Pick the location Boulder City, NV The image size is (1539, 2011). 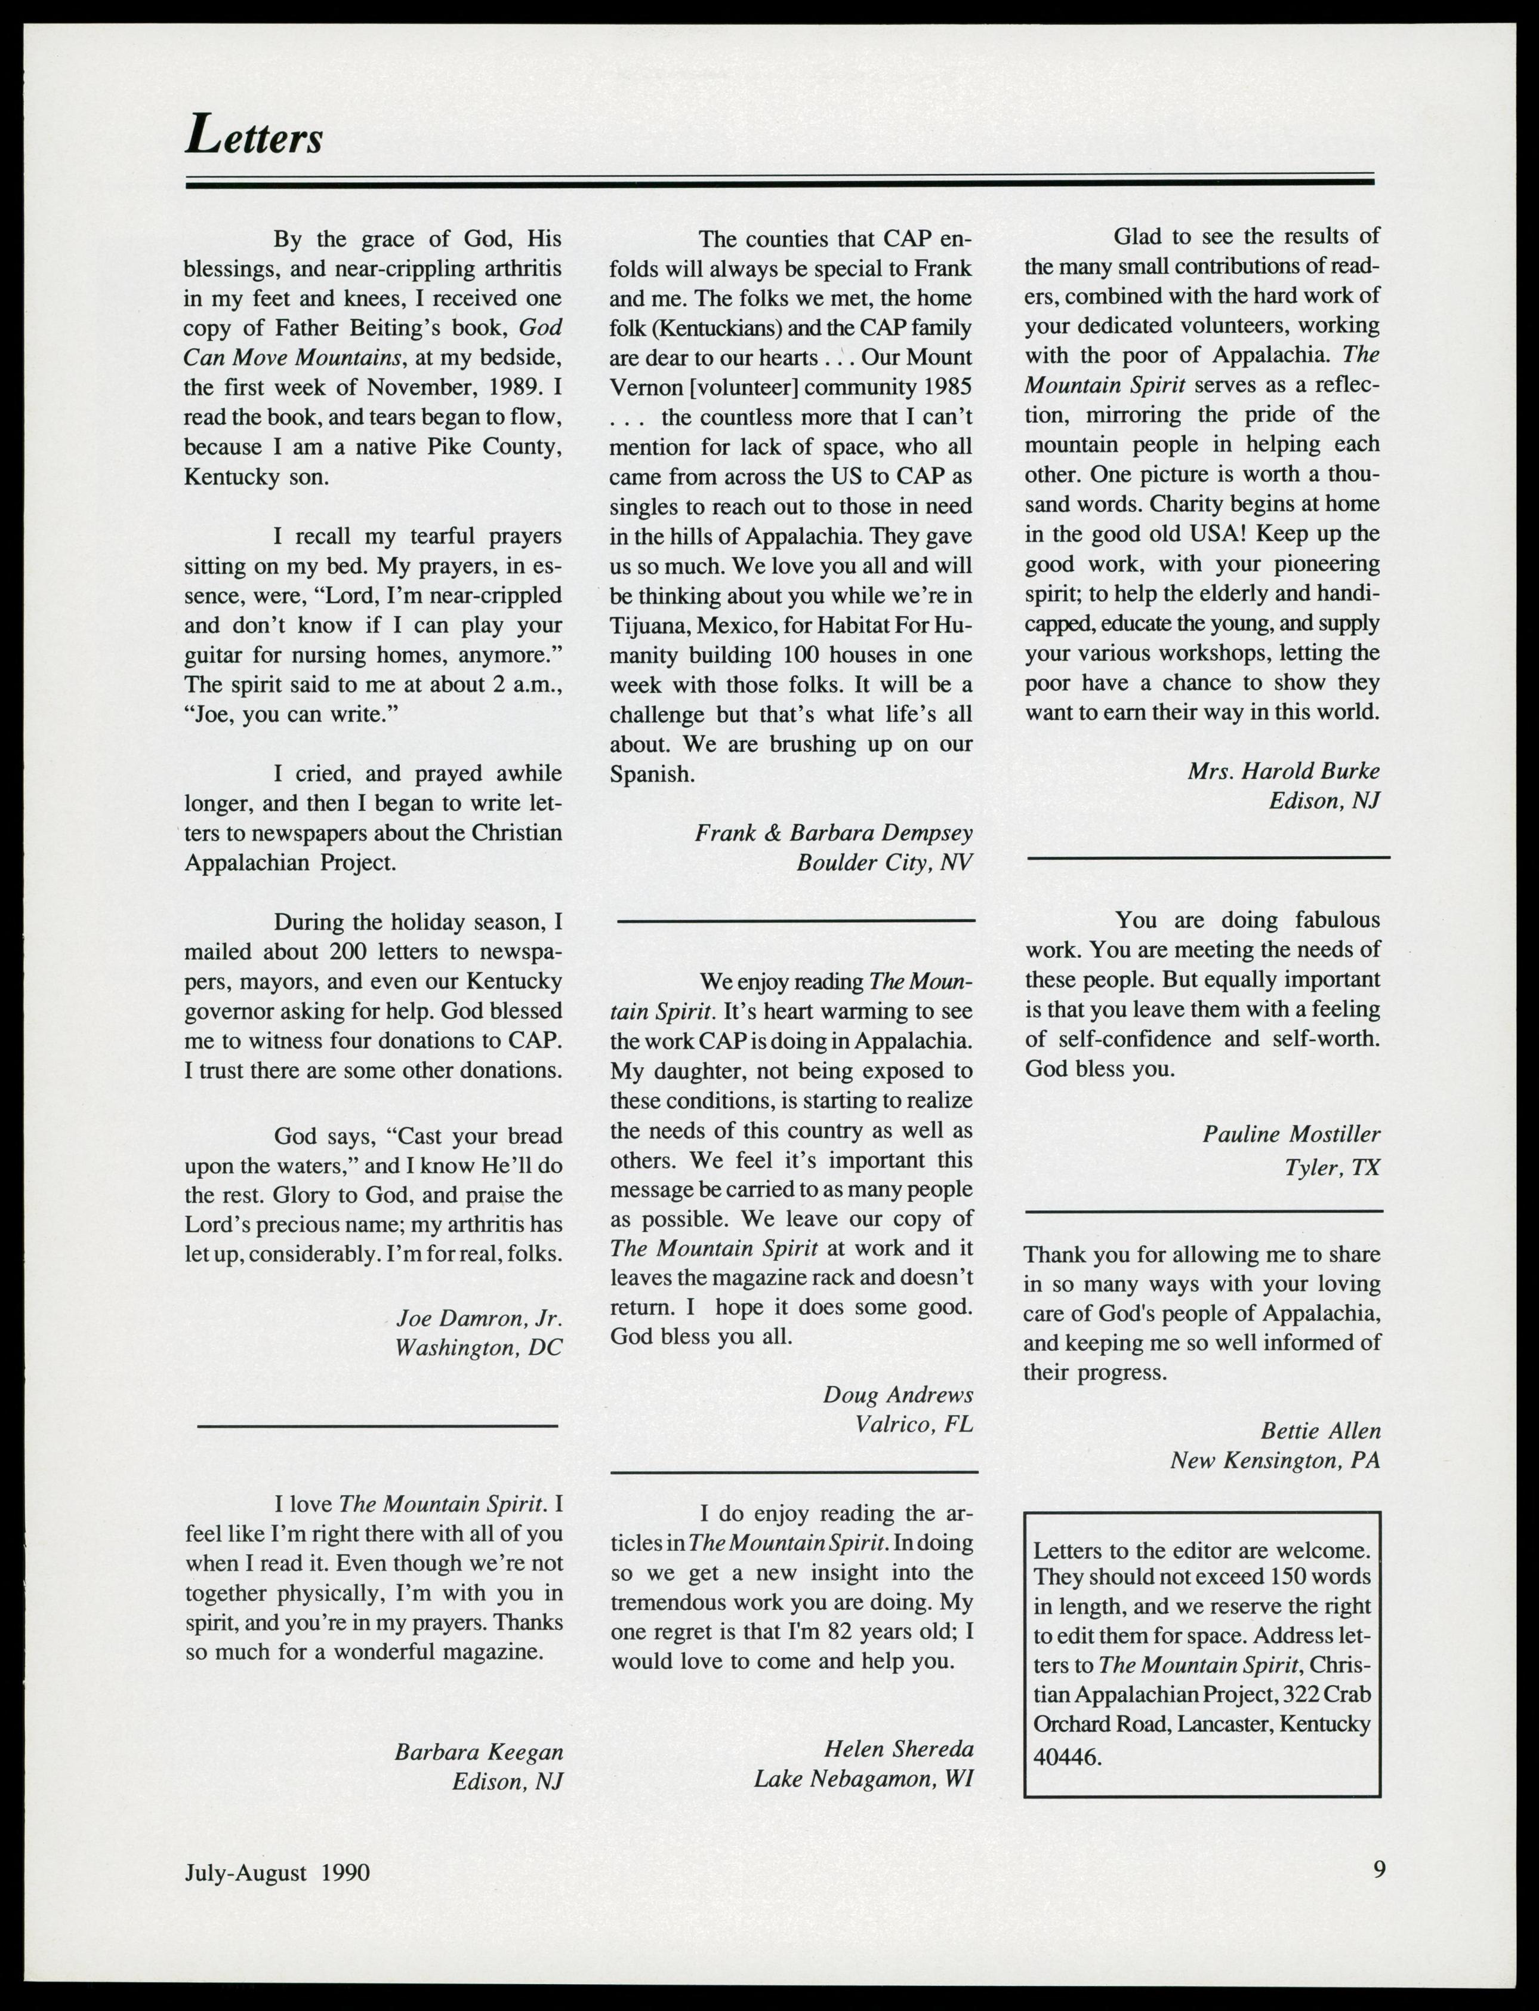(x=884, y=863)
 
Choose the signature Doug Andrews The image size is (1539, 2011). (x=898, y=1394)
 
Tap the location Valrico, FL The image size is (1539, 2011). (x=914, y=1425)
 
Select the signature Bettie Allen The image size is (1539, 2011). (x=1320, y=1430)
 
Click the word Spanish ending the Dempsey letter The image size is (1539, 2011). (x=650, y=774)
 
